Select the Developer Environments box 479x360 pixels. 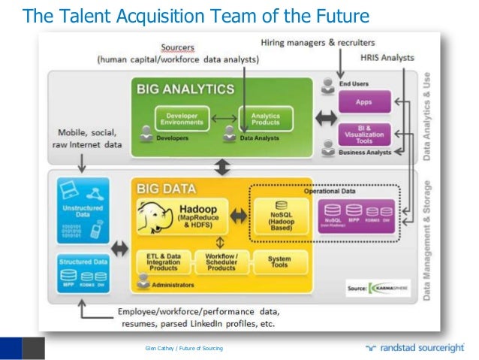[x=182, y=119]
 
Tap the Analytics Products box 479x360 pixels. [x=265, y=119]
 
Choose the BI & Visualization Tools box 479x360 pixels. [x=365, y=133]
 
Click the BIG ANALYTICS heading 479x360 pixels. [x=185, y=89]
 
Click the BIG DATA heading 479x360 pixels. [x=167, y=189]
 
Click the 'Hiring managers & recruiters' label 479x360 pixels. [x=318, y=42]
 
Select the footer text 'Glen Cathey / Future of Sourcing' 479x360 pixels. [x=184, y=348]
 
